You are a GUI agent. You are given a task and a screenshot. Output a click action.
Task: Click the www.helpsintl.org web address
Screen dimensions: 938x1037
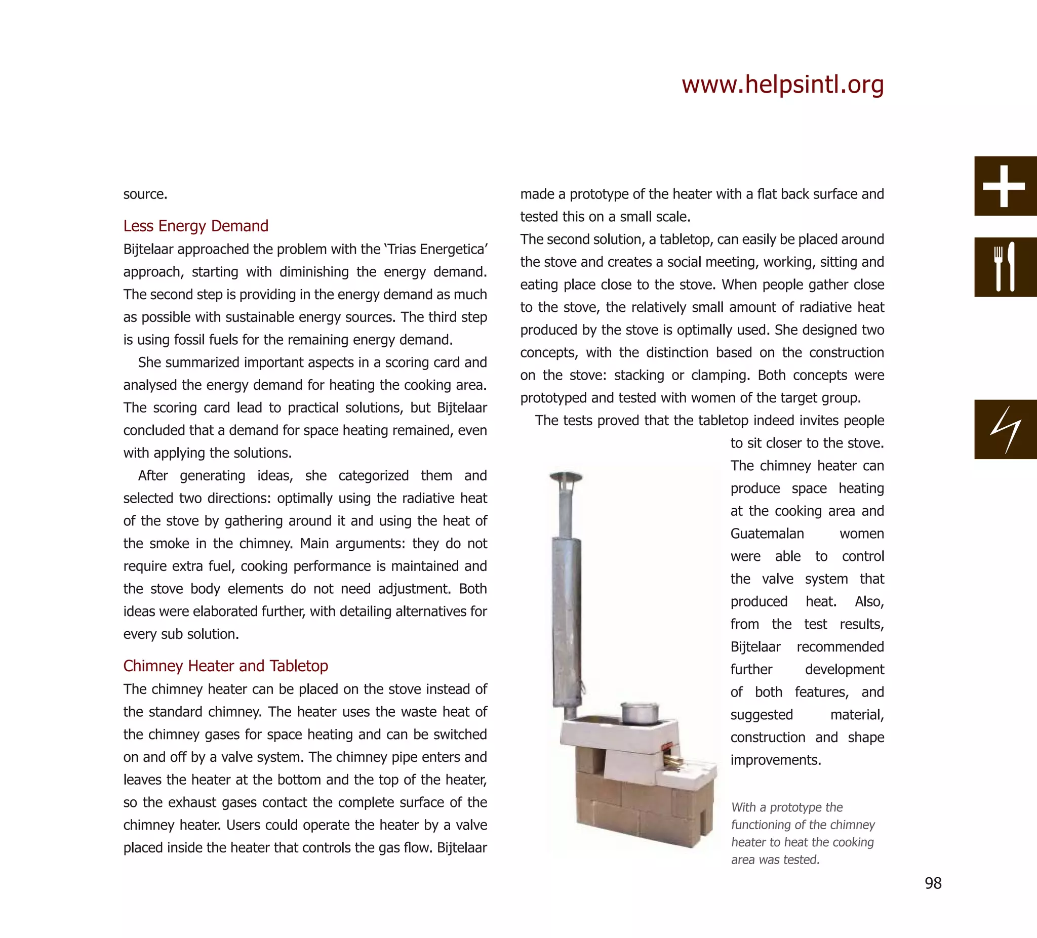click(782, 85)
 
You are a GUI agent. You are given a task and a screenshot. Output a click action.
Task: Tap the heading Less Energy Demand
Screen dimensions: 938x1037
click(195, 226)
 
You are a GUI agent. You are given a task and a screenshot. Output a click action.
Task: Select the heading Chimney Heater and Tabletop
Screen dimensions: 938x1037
click(225, 666)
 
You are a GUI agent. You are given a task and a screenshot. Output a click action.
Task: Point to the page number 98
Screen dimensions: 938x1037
click(933, 883)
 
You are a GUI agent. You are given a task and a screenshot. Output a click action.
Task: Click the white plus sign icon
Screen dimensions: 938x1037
click(1004, 186)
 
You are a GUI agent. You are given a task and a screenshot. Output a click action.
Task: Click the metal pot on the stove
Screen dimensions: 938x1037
click(640, 713)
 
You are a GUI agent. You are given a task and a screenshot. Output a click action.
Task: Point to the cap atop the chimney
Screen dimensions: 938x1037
click(566, 477)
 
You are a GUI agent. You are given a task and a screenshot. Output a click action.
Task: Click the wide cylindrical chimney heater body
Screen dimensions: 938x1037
click(567, 622)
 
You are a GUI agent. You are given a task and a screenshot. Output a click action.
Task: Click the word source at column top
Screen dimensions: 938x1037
click(145, 194)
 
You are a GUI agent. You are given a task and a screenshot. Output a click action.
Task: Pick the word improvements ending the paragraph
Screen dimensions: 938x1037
click(775, 759)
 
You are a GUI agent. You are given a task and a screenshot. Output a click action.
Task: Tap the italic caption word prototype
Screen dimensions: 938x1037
click(806, 807)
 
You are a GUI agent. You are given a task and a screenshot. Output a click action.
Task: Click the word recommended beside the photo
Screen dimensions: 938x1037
click(840, 646)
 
